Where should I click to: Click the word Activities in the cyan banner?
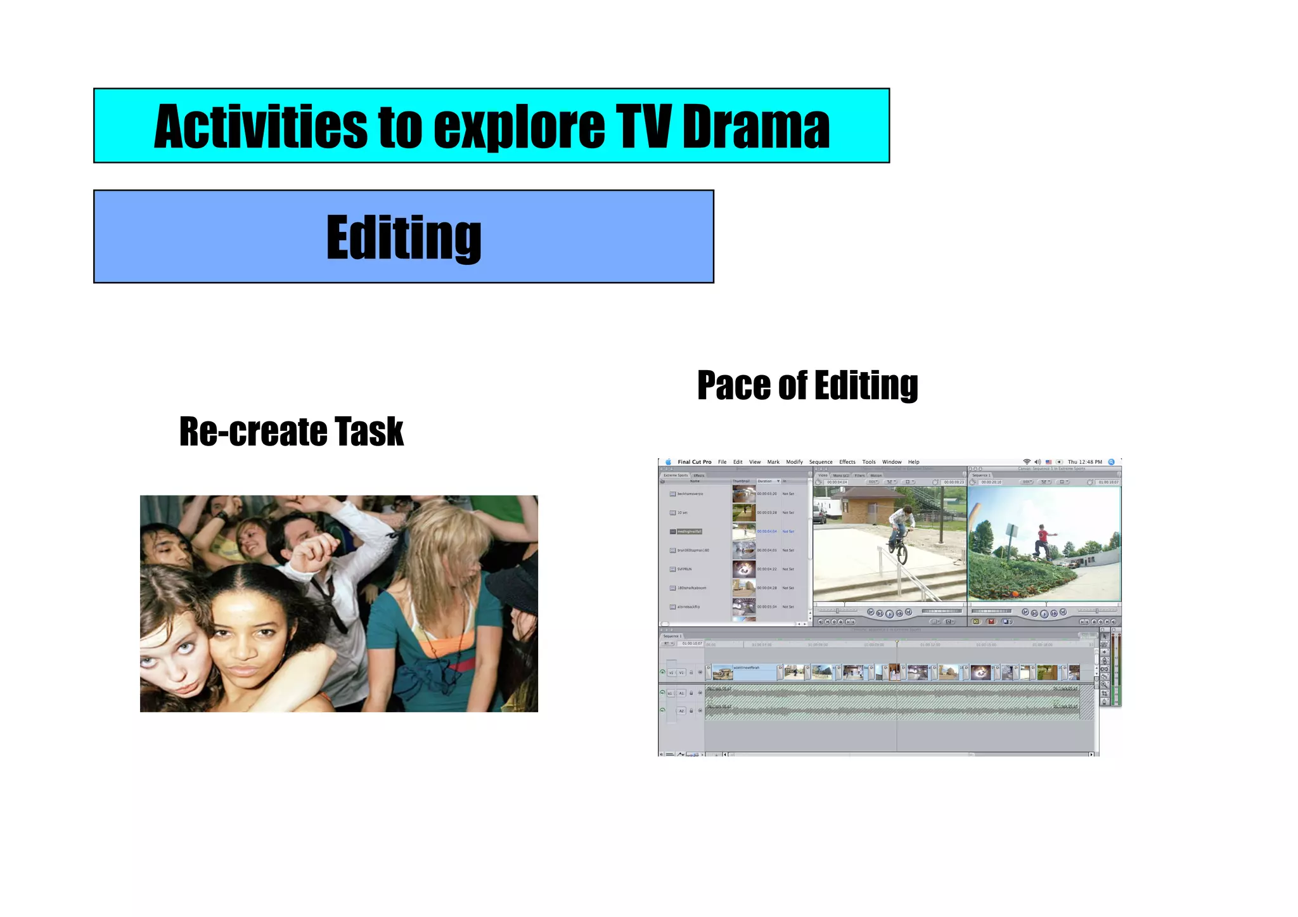[x=260, y=127]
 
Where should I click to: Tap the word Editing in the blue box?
[x=404, y=238]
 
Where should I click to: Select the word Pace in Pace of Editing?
[x=735, y=385]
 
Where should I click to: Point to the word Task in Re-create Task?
[x=369, y=432]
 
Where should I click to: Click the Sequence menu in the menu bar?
[x=821, y=462]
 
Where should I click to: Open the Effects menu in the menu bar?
[x=847, y=462]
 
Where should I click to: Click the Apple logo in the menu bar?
[x=668, y=462]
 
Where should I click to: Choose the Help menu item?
[x=913, y=462]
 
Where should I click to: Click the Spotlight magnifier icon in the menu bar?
[x=1111, y=462]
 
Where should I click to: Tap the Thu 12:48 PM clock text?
[x=1084, y=462]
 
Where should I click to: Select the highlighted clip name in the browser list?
[x=690, y=532]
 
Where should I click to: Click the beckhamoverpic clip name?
[x=690, y=494]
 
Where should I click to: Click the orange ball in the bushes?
[x=1015, y=594]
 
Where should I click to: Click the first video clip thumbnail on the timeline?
[x=723, y=672]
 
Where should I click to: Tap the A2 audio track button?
[x=682, y=711]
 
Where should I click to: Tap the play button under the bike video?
[x=889, y=613]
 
